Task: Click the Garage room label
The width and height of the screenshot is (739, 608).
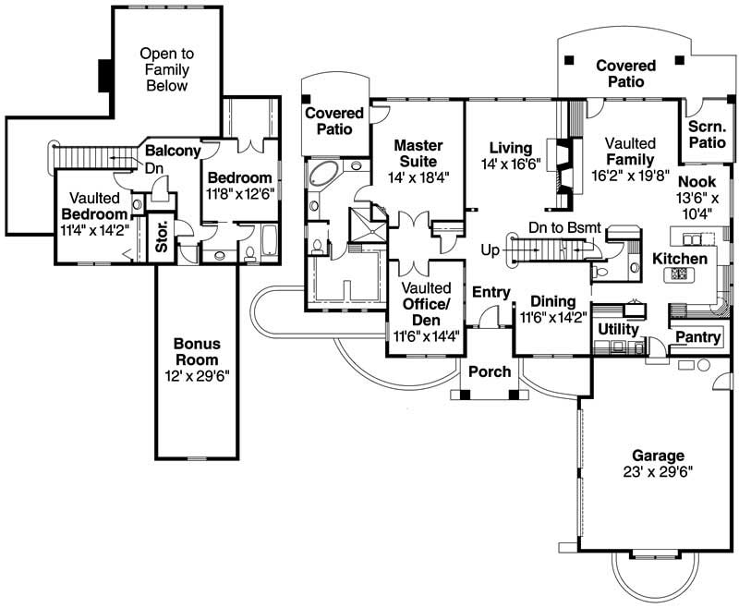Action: pyautogui.click(x=658, y=456)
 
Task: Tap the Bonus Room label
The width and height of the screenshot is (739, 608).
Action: pyautogui.click(x=196, y=351)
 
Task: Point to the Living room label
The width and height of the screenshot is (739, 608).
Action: pyautogui.click(x=510, y=148)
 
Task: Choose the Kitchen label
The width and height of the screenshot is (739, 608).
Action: pyautogui.click(x=680, y=259)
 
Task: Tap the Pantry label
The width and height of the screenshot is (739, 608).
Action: pyautogui.click(x=698, y=337)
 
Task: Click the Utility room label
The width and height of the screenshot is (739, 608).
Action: pyautogui.click(x=619, y=328)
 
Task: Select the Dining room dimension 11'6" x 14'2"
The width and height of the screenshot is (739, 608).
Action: pyautogui.click(x=551, y=318)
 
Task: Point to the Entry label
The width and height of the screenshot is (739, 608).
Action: pyautogui.click(x=491, y=293)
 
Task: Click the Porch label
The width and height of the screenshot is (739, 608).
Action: pyautogui.click(x=490, y=371)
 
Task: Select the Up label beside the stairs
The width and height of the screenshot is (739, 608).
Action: pyautogui.click(x=491, y=249)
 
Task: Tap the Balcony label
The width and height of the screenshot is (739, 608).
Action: pyautogui.click(x=172, y=151)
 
